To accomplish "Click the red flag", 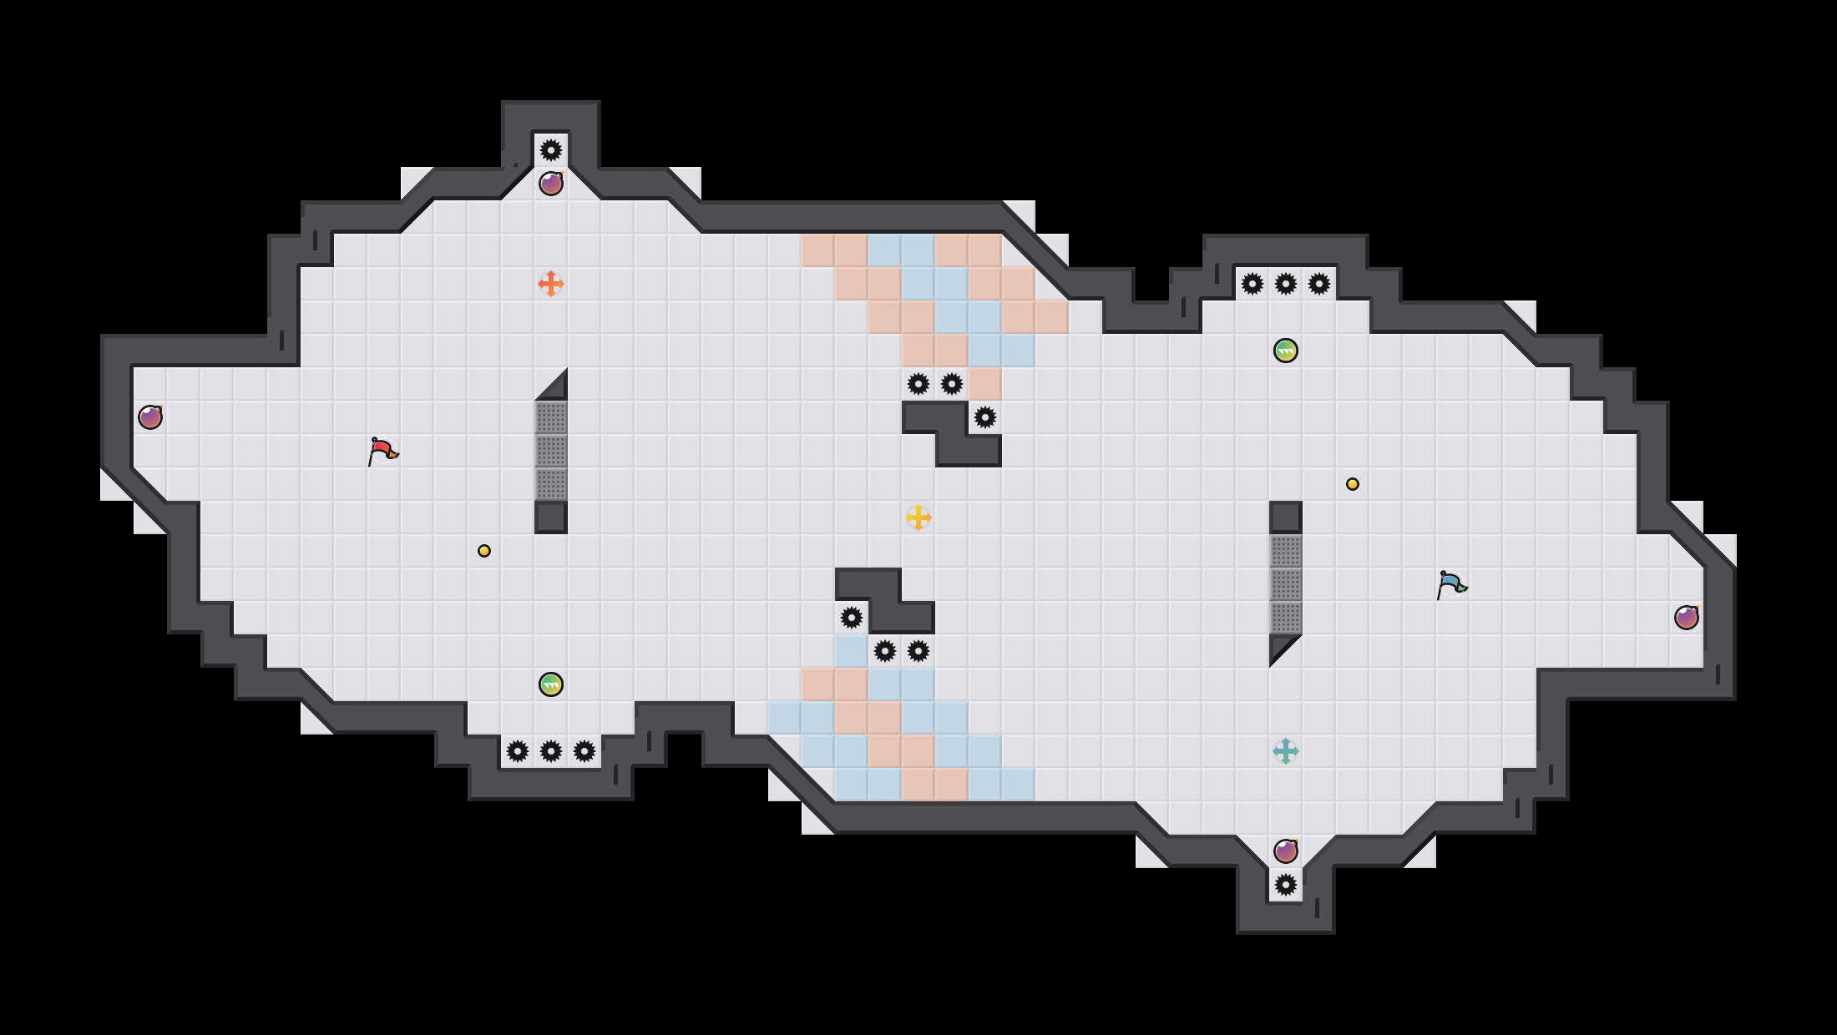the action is (x=382, y=451).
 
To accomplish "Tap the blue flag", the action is (x=1451, y=584).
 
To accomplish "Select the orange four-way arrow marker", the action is (x=551, y=284).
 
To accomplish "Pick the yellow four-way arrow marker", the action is (x=918, y=517).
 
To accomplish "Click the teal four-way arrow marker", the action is (x=1286, y=751).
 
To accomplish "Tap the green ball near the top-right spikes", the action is (x=1286, y=351).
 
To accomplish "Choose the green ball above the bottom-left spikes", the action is (x=551, y=684).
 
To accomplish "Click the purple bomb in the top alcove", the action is (x=551, y=184).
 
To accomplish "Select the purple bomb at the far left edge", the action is (x=150, y=417).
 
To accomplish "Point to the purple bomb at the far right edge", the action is (x=1687, y=618).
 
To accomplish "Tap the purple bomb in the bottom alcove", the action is (x=1286, y=851).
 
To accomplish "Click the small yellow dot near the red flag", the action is (x=484, y=551).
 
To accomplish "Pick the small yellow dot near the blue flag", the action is (x=1353, y=484).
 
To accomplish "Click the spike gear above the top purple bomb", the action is (x=551, y=150).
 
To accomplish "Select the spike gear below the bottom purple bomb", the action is (x=1286, y=885).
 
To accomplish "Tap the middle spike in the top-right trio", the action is (x=1286, y=284).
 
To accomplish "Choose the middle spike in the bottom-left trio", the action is (x=551, y=751).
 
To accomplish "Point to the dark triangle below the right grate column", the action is (x=1281, y=646).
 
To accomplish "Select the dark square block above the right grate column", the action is (x=1286, y=517).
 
